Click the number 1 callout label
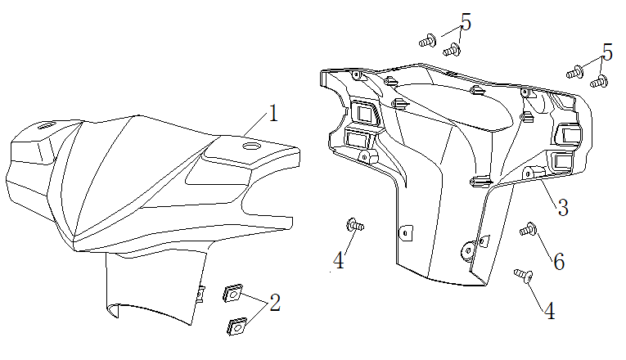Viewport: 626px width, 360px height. coord(272,114)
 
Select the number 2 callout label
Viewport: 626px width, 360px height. coord(275,303)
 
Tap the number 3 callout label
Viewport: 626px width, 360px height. coord(563,207)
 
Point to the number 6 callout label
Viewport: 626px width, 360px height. coord(559,262)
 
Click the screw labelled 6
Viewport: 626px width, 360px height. coord(528,230)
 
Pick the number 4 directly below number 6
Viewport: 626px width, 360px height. coord(549,312)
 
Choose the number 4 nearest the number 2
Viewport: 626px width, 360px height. coord(339,262)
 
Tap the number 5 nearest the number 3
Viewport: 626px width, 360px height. coord(606,52)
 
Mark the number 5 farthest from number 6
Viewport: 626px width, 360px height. coord(466,23)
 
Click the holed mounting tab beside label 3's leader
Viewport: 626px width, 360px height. coord(529,173)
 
